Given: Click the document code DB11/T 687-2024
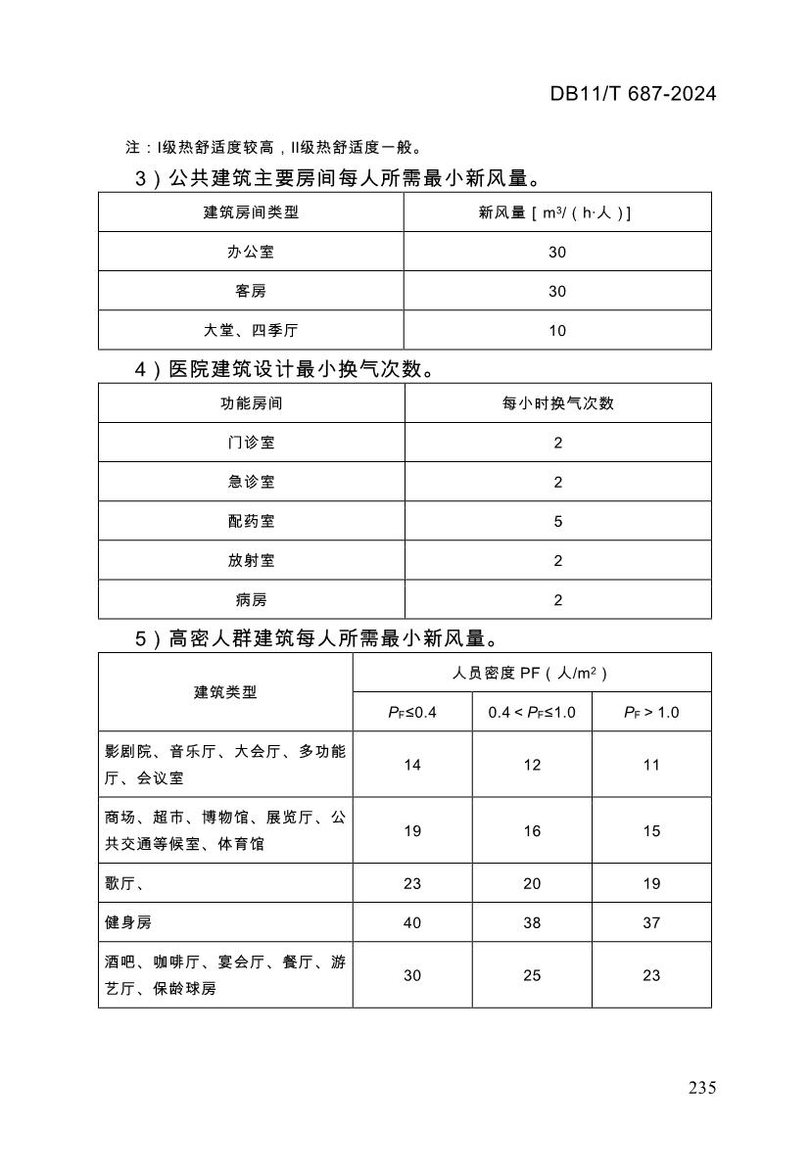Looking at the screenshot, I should click(633, 94).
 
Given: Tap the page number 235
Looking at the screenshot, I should click(702, 1088).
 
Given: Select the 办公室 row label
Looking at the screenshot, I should click(251, 252).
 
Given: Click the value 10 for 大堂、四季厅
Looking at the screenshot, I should click(557, 330).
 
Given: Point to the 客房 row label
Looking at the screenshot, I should click(251, 291).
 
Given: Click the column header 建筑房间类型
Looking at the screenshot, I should click(251, 212).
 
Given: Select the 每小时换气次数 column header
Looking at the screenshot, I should click(557, 403).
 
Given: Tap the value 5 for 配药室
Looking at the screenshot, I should click(557, 521).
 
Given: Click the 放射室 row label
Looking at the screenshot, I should click(251, 560).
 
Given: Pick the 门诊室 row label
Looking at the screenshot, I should click(251, 443).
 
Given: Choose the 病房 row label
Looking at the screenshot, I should click(251, 599).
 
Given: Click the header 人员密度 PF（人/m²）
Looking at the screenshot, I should click(531, 673).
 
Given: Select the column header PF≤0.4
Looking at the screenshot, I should click(412, 712).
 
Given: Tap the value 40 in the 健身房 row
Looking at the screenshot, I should click(412, 922).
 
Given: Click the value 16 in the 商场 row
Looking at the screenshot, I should click(532, 830).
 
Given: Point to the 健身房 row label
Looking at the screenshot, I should click(128, 922).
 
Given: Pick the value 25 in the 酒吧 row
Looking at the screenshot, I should click(532, 975).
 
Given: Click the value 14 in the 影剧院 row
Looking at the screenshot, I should click(412, 765).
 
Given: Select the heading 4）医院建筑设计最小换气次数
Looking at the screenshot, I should click(282, 369).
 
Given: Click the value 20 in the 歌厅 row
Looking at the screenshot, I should click(532, 883).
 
